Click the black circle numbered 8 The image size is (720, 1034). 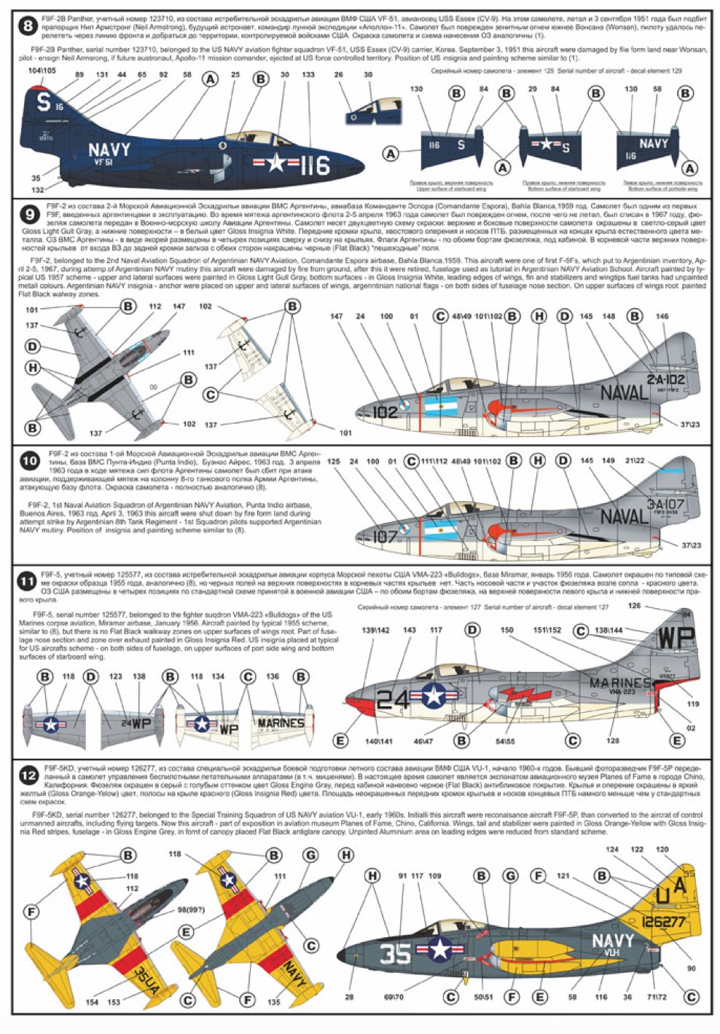pos(27,28)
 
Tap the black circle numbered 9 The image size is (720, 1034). pos(29,214)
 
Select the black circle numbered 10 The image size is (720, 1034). pos(30,460)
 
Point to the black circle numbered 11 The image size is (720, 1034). pos(27,581)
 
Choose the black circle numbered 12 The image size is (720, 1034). pos(28,775)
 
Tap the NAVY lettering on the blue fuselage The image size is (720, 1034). pos(109,150)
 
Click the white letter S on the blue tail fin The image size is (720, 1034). pos(44,103)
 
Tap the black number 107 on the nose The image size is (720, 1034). pos(385,537)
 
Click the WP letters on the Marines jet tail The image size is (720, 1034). pos(676,638)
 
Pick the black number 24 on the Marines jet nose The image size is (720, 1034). pos(394,698)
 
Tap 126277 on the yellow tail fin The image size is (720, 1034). pos(663,921)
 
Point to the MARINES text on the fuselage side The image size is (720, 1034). pos(620,682)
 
